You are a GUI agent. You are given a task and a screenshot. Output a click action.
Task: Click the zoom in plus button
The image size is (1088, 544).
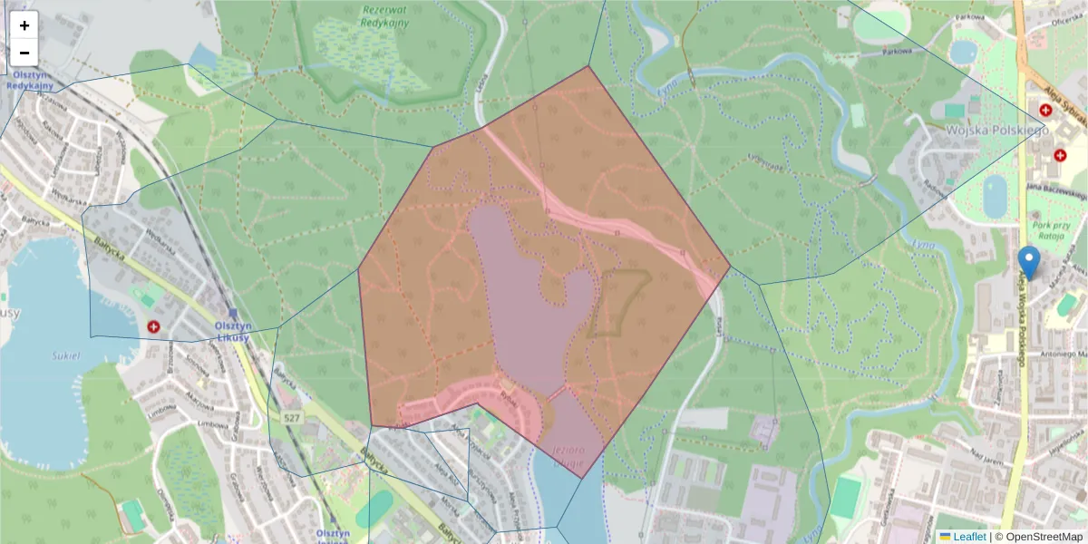(24, 25)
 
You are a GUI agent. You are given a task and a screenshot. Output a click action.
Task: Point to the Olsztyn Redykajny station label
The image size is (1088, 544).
(30, 80)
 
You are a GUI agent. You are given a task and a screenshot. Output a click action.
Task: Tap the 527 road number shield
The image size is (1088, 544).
(291, 417)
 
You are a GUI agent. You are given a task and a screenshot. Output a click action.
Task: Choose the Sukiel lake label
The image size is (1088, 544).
(67, 356)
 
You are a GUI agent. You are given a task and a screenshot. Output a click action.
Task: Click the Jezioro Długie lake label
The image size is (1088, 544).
(568, 456)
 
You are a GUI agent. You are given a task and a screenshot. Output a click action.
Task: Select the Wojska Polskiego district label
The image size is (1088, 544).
(996, 131)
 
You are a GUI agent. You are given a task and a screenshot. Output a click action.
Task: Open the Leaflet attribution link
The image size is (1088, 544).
(968, 537)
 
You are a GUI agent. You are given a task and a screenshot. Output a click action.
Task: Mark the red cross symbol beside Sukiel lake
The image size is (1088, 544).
(153, 325)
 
